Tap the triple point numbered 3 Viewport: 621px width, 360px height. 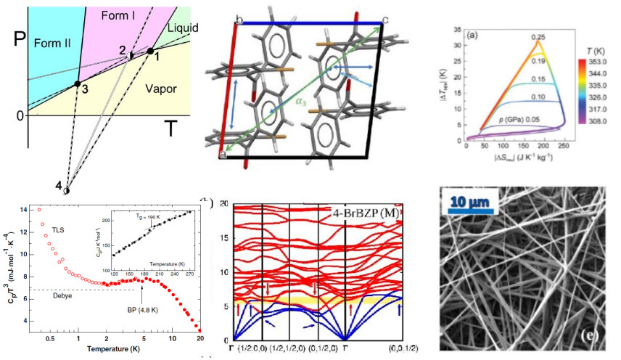[x=78, y=84]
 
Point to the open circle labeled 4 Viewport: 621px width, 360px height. [x=66, y=192]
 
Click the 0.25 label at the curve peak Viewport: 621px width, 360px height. [x=538, y=36]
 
